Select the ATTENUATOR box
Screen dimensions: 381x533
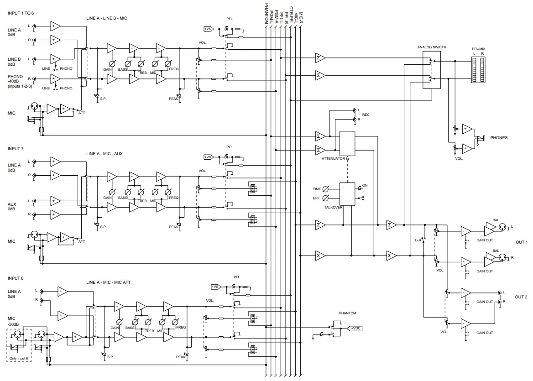pos(347,143)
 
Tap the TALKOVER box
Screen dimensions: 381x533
pos(347,193)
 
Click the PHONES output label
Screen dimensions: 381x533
pos(499,137)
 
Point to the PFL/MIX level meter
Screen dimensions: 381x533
pos(479,70)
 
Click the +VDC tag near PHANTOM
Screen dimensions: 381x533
pos(355,328)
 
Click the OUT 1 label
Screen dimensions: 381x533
pos(521,242)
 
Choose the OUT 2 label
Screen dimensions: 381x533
pos(521,297)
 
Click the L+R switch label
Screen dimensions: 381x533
pos(418,240)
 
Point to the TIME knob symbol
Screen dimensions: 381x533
pos(326,189)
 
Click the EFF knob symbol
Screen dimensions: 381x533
pos(326,198)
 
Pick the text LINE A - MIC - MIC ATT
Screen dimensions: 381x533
pos(108,283)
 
